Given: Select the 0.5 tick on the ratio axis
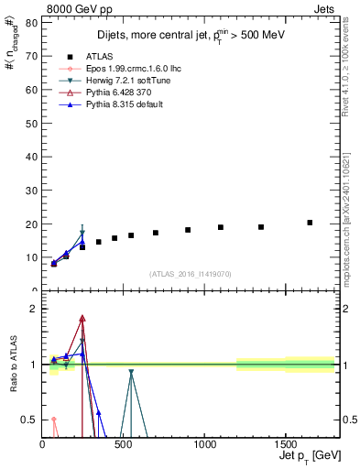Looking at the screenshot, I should pyautogui.click(x=31, y=420).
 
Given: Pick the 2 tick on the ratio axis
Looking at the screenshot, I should pyautogui.click(x=35, y=309).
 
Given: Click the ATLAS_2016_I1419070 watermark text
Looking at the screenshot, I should pyautogui.click(x=190, y=274).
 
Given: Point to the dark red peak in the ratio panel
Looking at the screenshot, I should pyautogui.click(x=82, y=319).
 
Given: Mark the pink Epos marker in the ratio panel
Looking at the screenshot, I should pyautogui.click(x=53, y=420).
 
